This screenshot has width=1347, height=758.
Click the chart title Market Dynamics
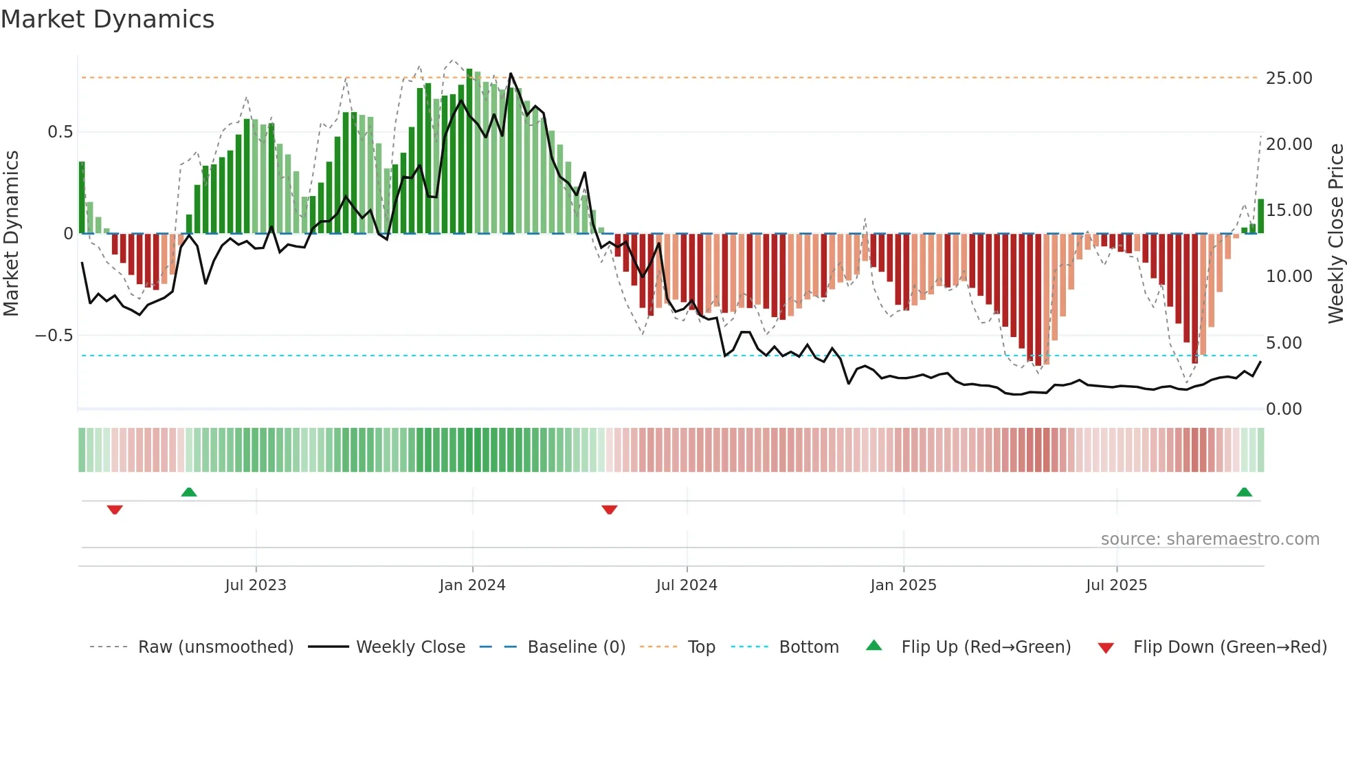pos(107,19)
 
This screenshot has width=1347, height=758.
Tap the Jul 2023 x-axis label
pos(256,585)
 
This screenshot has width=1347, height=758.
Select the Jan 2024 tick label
pos(472,585)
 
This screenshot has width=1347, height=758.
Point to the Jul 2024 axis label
pos(687,585)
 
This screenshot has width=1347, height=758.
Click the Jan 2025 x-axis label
pos(903,585)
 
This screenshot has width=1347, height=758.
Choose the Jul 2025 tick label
pos(1117,585)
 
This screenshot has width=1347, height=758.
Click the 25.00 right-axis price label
pos(1289,78)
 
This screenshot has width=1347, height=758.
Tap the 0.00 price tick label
pos(1284,409)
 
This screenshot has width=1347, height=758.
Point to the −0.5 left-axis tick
pos(54,336)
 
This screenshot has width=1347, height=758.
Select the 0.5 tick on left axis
pos(60,132)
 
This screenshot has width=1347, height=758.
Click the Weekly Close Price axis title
pos(1335,233)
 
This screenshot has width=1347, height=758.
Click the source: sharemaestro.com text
pos(1210,539)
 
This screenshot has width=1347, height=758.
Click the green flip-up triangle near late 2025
pos(1244,492)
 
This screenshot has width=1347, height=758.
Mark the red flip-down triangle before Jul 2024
pos(610,510)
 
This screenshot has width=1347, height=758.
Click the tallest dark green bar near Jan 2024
pos(469,151)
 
